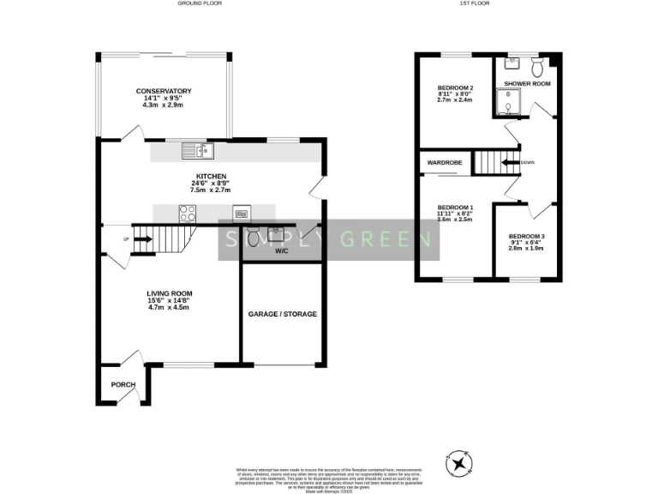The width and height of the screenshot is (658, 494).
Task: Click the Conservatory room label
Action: point(163,91)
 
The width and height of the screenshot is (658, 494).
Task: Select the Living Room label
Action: point(169,293)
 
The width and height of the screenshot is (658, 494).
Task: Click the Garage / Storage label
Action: point(283,314)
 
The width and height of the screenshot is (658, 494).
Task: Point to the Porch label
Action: point(123,384)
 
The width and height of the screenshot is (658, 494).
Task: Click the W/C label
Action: point(282,251)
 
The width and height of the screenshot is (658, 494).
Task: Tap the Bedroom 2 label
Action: point(455,88)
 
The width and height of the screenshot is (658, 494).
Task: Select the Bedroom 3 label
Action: point(526,236)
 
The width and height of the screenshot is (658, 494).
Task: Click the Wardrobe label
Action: point(445,161)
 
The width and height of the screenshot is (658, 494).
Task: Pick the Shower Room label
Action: point(527,84)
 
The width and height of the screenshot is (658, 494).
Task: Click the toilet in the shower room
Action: point(538,67)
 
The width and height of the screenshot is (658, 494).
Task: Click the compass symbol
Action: point(461,464)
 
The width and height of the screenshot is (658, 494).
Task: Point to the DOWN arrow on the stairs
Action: point(511,161)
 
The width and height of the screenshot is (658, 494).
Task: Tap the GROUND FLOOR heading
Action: point(200,3)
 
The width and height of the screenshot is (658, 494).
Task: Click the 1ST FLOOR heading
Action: point(475,3)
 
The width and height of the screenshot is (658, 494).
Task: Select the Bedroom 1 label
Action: point(455,208)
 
